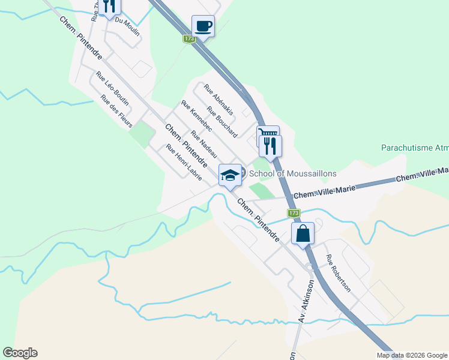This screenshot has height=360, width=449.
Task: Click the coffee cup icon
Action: [x=203, y=26]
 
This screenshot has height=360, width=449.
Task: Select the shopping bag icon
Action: [x=303, y=233]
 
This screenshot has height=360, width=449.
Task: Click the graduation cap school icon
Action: [x=230, y=175]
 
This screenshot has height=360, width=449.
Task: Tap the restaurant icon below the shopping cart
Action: [x=271, y=145]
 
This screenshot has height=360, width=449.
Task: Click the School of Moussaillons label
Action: [x=292, y=173]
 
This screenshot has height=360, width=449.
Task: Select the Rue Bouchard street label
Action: [x=221, y=121]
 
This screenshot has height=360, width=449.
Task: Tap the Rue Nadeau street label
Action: [x=203, y=145]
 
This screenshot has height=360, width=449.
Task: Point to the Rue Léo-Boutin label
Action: [x=112, y=88]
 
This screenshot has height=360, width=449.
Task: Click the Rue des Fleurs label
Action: [x=116, y=107]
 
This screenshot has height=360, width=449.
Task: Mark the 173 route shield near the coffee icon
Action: [x=190, y=39]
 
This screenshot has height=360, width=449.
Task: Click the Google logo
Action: [x=20, y=353]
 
